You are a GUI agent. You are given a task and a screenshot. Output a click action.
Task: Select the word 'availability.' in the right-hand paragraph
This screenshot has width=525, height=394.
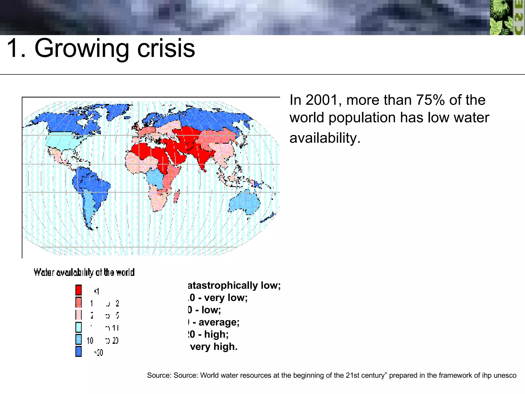pos(325,138)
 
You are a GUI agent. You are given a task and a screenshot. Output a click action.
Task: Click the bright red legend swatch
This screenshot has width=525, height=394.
pos(78,290)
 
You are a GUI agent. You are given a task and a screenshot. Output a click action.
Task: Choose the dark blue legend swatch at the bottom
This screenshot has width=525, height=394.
pos(78,351)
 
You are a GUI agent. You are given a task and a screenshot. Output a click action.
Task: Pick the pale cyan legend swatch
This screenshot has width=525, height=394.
pos(78,327)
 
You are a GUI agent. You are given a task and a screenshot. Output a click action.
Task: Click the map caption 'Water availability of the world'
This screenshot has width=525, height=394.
pos(84,272)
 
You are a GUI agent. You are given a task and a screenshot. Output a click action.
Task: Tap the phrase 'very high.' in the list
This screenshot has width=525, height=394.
pos(214,347)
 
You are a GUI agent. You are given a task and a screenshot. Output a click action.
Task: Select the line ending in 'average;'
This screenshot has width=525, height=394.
pos(214,322)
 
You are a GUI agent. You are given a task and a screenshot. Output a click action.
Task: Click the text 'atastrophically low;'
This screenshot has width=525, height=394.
pos(234,285)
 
